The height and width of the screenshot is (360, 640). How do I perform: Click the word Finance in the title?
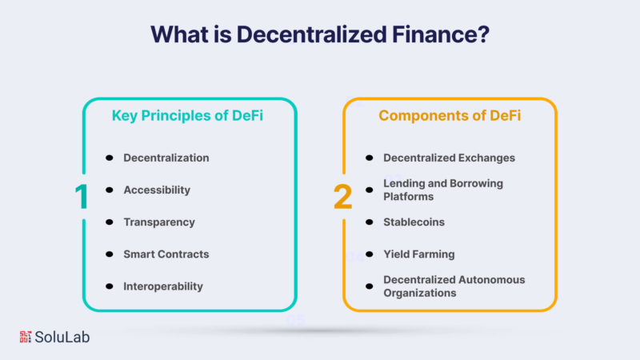click(x=441, y=34)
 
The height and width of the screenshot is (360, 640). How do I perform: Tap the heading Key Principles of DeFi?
click(x=187, y=115)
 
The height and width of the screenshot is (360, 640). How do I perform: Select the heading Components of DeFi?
click(x=450, y=115)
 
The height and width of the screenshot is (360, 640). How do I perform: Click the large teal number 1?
click(x=82, y=197)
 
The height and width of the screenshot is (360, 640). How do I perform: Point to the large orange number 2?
click(x=343, y=197)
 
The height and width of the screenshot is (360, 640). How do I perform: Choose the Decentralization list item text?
click(x=166, y=158)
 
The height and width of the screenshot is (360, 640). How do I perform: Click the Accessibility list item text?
click(x=157, y=190)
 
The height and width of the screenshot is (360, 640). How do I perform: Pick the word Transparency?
click(x=159, y=222)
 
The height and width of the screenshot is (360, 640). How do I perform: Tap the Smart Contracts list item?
click(x=166, y=254)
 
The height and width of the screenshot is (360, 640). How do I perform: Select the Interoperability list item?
click(x=163, y=286)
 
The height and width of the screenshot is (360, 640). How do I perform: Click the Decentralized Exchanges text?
click(x=449, y=158)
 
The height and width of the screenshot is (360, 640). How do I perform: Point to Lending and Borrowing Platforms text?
click(x=443, y=190)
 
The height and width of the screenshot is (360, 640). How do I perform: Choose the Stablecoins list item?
click(x=414, y=222)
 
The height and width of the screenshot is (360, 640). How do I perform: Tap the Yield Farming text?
click(x=418, y=254)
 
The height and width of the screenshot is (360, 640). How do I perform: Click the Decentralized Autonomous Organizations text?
click(x=454, y=286)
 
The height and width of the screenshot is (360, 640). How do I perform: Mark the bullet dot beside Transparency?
click(x=110, y=222)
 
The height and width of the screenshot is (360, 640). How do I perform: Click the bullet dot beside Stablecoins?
click(x=370, y=222)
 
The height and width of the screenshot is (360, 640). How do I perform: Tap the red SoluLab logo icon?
click(x=26, y=337)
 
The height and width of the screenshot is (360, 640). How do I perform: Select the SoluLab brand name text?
click(x=62, y=337)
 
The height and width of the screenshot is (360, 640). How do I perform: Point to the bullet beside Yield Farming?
click(x=370, y=254)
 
